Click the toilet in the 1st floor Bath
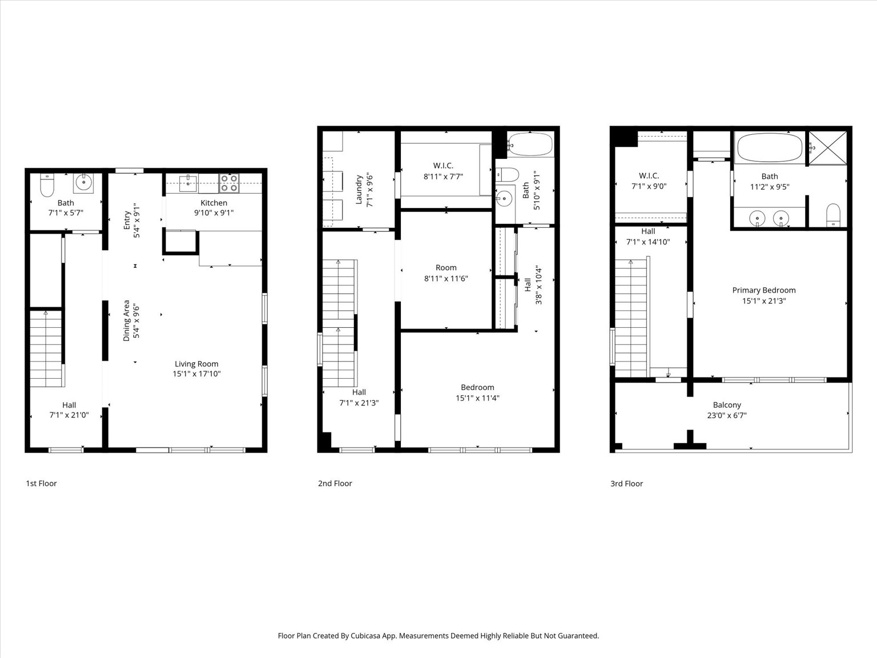point(47,185)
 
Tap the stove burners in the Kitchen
point(230,183)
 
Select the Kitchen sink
point(188,183)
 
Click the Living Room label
point(196,364)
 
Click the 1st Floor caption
point(41,483)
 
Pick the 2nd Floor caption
point(335,483)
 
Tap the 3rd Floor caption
point(626,483)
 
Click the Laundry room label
point(359,190)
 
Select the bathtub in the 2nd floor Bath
point(530,144)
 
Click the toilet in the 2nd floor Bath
point(507,174)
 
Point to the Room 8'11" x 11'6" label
point(446,267)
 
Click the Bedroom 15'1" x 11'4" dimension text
point(477,398)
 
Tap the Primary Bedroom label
point(763,290)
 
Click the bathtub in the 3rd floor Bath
point(769,147)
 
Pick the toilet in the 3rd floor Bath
point(833,215)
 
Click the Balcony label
point(726,405)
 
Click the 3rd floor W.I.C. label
point(649,175)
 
